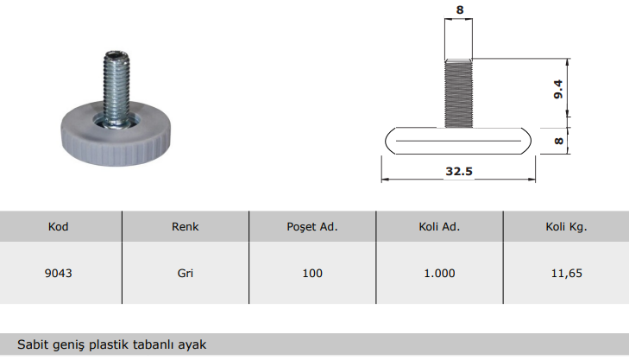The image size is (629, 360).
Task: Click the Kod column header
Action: (58, 227)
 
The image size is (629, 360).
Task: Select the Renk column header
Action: (185, 227)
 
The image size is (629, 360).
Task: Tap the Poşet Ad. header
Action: (312, 227)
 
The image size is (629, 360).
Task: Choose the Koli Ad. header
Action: (439, 227)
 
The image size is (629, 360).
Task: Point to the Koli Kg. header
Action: (566, 227)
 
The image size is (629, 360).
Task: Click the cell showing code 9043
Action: (58, 274)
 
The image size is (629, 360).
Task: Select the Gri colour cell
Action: (185, 274)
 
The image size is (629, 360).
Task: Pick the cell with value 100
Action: (312, 274)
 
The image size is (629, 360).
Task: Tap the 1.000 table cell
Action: (439, 274)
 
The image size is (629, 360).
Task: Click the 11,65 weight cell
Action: (566, 274)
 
